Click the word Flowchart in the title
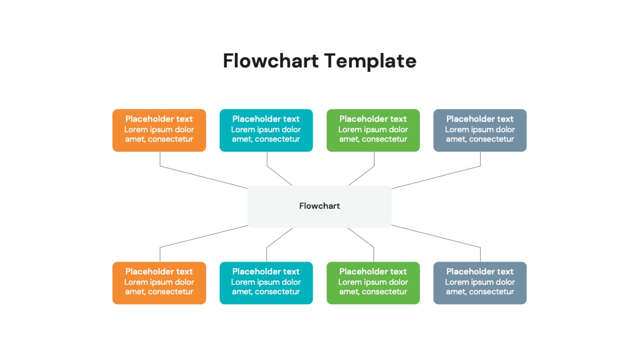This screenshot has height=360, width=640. (x=270, y=61)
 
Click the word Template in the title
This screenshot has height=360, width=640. (x=370, y=61)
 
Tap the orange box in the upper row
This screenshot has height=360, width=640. (x=159, y=130)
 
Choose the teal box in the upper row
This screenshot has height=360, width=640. (x=266, y=130)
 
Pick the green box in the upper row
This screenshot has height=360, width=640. (x=373, y=130)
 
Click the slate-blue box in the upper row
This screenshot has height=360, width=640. (x=480, y=130)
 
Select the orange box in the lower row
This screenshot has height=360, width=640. (x=159, y=283)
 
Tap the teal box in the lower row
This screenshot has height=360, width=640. (x=266, y=283)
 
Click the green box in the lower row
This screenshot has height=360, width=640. (x=373, y=283)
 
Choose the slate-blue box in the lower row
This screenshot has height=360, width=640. (x=480, y=283)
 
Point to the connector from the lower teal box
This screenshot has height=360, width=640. (x=279, y=238)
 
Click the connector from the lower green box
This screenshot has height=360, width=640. (x=361, y=238)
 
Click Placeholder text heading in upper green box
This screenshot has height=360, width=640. (x=373, y=119)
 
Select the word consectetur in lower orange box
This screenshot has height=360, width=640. (x=171, y=292)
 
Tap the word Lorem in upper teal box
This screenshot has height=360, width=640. (x=242, y=130)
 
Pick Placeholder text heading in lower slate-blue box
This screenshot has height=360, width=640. (x=480, y=272)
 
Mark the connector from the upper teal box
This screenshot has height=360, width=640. (x=279, y=175)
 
